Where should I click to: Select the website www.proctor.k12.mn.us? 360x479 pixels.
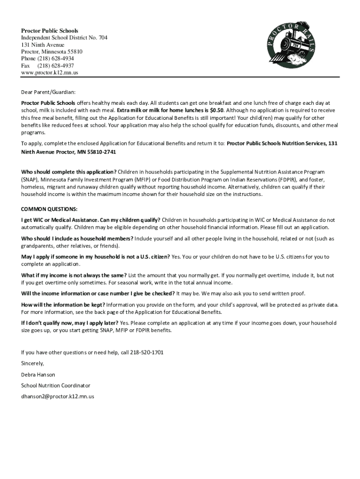[x=50, y=73]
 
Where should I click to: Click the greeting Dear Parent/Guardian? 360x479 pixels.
[x=48, y=92]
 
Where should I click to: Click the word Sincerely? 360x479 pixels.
[x=33, y=363]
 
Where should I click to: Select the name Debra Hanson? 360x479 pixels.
[x=38, y=375]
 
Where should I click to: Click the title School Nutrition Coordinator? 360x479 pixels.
[x=56, y=386]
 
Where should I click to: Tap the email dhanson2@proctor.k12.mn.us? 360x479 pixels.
[x=58, y=397]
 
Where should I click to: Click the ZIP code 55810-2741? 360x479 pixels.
[x=101, y=152]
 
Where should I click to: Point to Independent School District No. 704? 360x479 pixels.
[x=64, y=38]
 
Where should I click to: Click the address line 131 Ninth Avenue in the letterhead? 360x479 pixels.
[x=43, y=45]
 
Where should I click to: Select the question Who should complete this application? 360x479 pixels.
[x=69, y=172]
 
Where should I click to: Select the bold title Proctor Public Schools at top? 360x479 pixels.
[x=50, y=31]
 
